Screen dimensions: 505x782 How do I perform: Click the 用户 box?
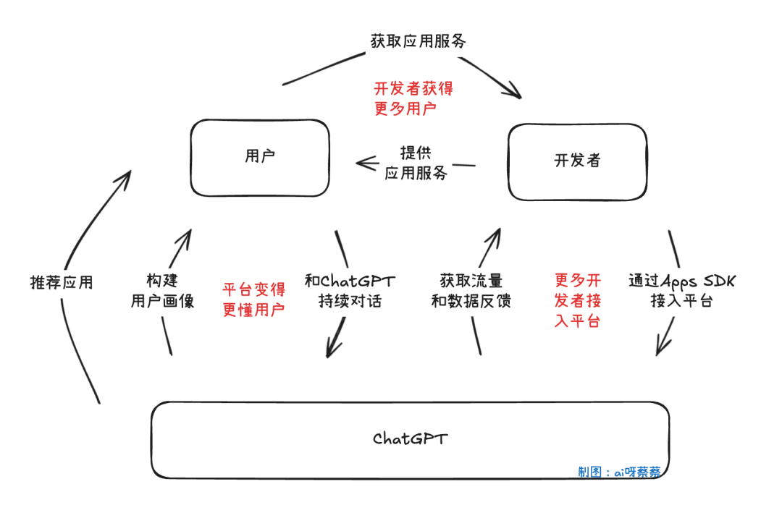[259, 158]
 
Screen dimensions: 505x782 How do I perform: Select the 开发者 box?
[576, 161]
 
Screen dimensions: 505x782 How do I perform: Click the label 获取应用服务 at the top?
[418, 41]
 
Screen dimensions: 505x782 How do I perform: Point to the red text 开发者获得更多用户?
[413, 98]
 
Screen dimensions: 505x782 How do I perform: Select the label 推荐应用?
[62, 282]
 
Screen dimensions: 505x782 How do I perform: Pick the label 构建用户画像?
[162, 291]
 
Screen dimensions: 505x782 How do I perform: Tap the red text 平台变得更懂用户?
[253, 300]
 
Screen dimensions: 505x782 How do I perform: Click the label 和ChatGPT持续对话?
[350, 291]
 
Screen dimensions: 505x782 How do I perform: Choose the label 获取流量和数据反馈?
[471, 291]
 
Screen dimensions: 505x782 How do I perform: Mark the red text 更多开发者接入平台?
[577, 300]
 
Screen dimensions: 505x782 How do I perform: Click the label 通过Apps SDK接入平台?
[681, 291]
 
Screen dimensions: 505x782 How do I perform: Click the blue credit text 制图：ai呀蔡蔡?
[619, 472]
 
